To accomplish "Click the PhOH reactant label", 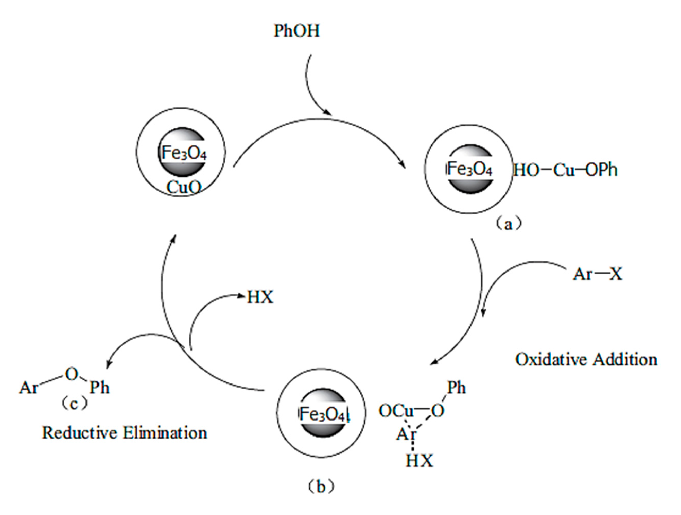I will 296,31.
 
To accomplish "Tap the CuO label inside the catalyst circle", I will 184,187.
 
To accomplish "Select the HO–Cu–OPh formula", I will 565,170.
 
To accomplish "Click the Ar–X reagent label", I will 597,273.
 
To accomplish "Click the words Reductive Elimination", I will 125,433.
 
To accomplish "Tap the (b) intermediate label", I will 320,487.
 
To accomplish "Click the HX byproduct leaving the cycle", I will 260,297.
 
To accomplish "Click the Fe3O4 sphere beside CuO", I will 182,152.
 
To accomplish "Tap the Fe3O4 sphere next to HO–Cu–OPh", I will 470,169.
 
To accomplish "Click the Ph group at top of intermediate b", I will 456,388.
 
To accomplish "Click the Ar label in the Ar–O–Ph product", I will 29,388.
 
